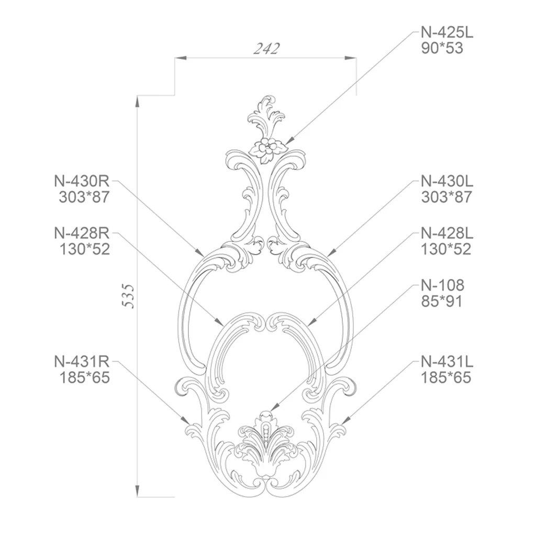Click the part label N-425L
coord(447,32)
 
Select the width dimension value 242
coord(266,49)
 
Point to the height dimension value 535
coord(129,296)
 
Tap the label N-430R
coord(82,181)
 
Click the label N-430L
coord(447,181)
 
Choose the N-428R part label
coord(82,233)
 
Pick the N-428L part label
coord(447,233)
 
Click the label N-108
coord(442,285)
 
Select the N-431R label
coord(82,361)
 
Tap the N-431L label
coord(447,361)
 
